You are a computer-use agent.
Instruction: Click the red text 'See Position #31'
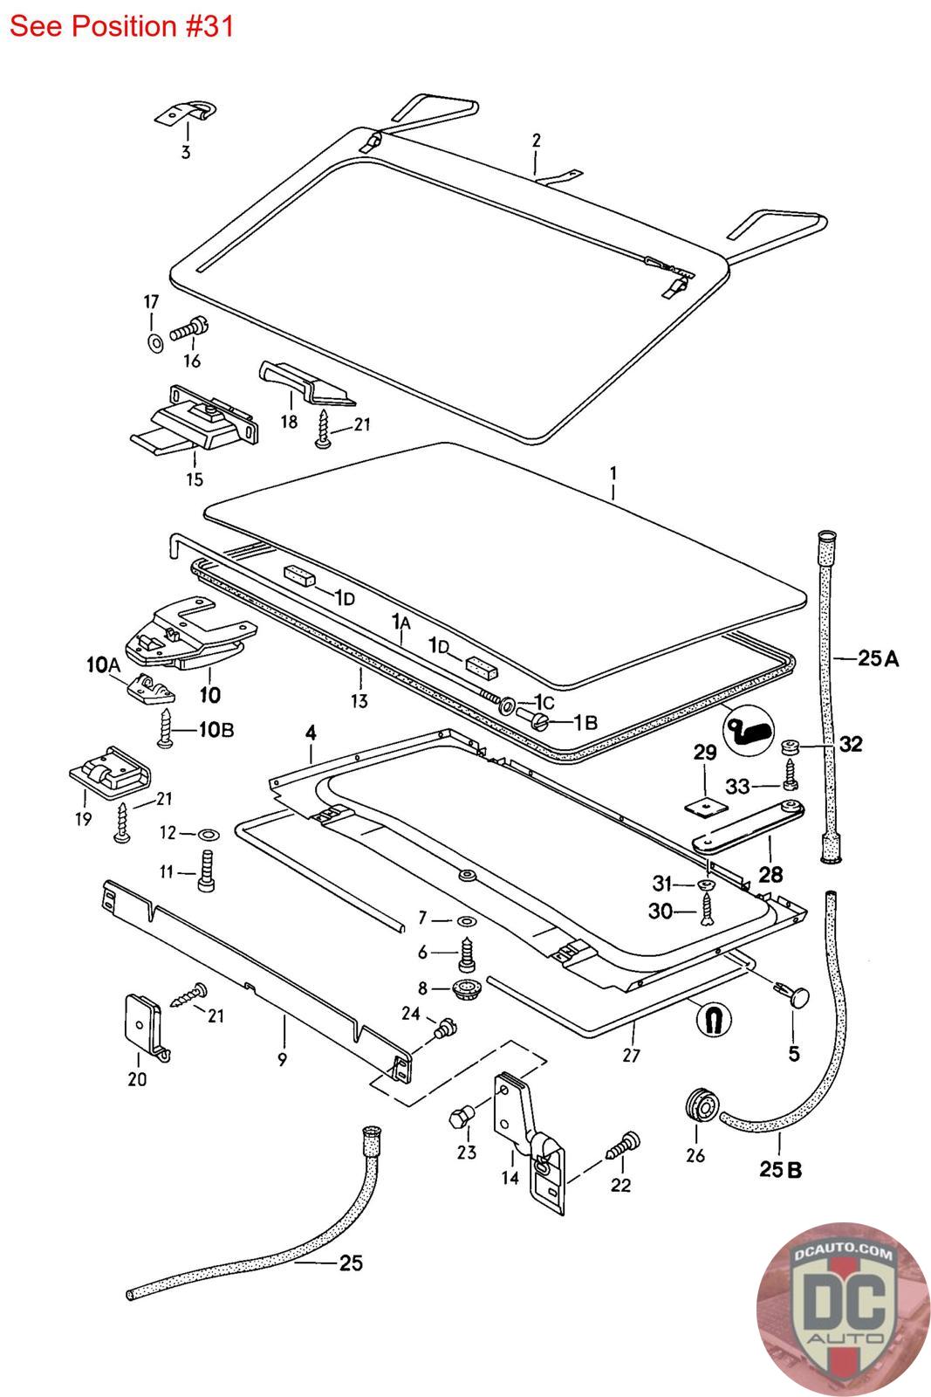tap(121, 26)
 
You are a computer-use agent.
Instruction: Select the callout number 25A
tap(877, 658)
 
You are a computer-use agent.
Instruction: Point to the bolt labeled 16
tap(188, 330)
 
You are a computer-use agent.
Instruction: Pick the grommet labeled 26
tap(701, 1106)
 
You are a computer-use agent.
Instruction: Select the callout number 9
tap(282, 1060)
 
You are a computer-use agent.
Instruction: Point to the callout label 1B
tap(585, 722)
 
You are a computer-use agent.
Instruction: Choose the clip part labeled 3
tap(188, 114)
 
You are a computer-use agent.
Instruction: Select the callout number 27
tap(631, 1056)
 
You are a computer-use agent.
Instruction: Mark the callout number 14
tap(510, 1178)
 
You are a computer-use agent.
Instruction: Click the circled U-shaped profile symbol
tap(713, 1017)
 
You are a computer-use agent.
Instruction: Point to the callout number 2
tap(536, 140)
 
